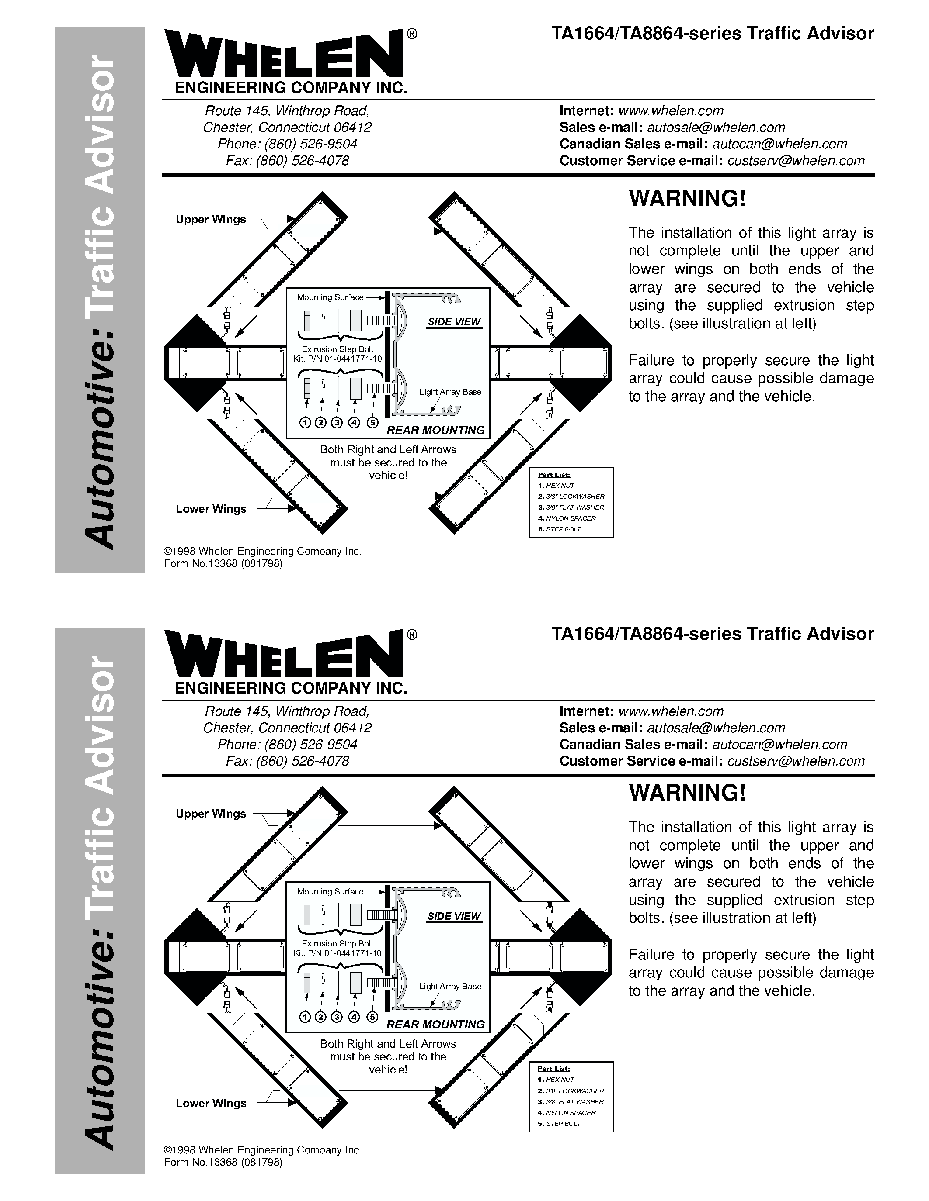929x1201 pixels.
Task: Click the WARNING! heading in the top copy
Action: pos(687,199)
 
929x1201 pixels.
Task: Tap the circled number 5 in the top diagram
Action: pos(372,422)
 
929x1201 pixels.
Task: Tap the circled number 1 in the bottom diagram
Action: pos(304,1017)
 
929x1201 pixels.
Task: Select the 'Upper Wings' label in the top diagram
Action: pos(211,219)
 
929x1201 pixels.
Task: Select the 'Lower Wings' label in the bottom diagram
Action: pos(211,1103)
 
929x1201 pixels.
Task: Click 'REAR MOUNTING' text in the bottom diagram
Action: pos(435,1024)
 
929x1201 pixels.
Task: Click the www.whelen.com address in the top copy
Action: pos(671,111)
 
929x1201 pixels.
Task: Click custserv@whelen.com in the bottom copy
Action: pos(796,761)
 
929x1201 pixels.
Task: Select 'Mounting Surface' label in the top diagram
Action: pos(330,297)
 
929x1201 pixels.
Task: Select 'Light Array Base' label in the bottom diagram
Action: pos(450,986)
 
